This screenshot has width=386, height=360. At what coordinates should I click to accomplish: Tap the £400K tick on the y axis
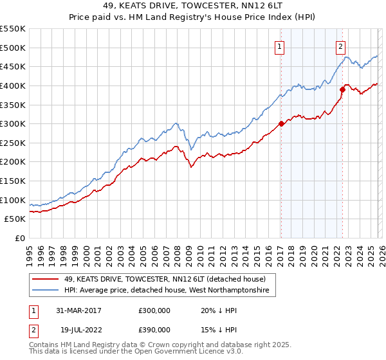[x=13, y=85]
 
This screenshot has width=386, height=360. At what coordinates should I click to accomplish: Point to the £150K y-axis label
[x=13, y=181]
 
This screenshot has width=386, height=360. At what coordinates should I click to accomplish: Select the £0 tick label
[x=19, y=238]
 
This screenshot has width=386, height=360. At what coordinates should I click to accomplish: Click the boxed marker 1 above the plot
[x=280, y=46]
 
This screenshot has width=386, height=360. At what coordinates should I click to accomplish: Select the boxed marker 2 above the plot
[x=340, y=46]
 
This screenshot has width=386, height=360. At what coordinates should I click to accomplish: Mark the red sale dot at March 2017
[x=281, y=123]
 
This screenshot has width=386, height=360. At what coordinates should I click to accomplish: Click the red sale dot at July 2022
[x=342, y=89]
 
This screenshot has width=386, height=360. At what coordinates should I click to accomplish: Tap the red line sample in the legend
[x=46, y=279]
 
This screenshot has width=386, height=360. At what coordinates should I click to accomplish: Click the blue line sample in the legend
[x=46, y=291]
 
